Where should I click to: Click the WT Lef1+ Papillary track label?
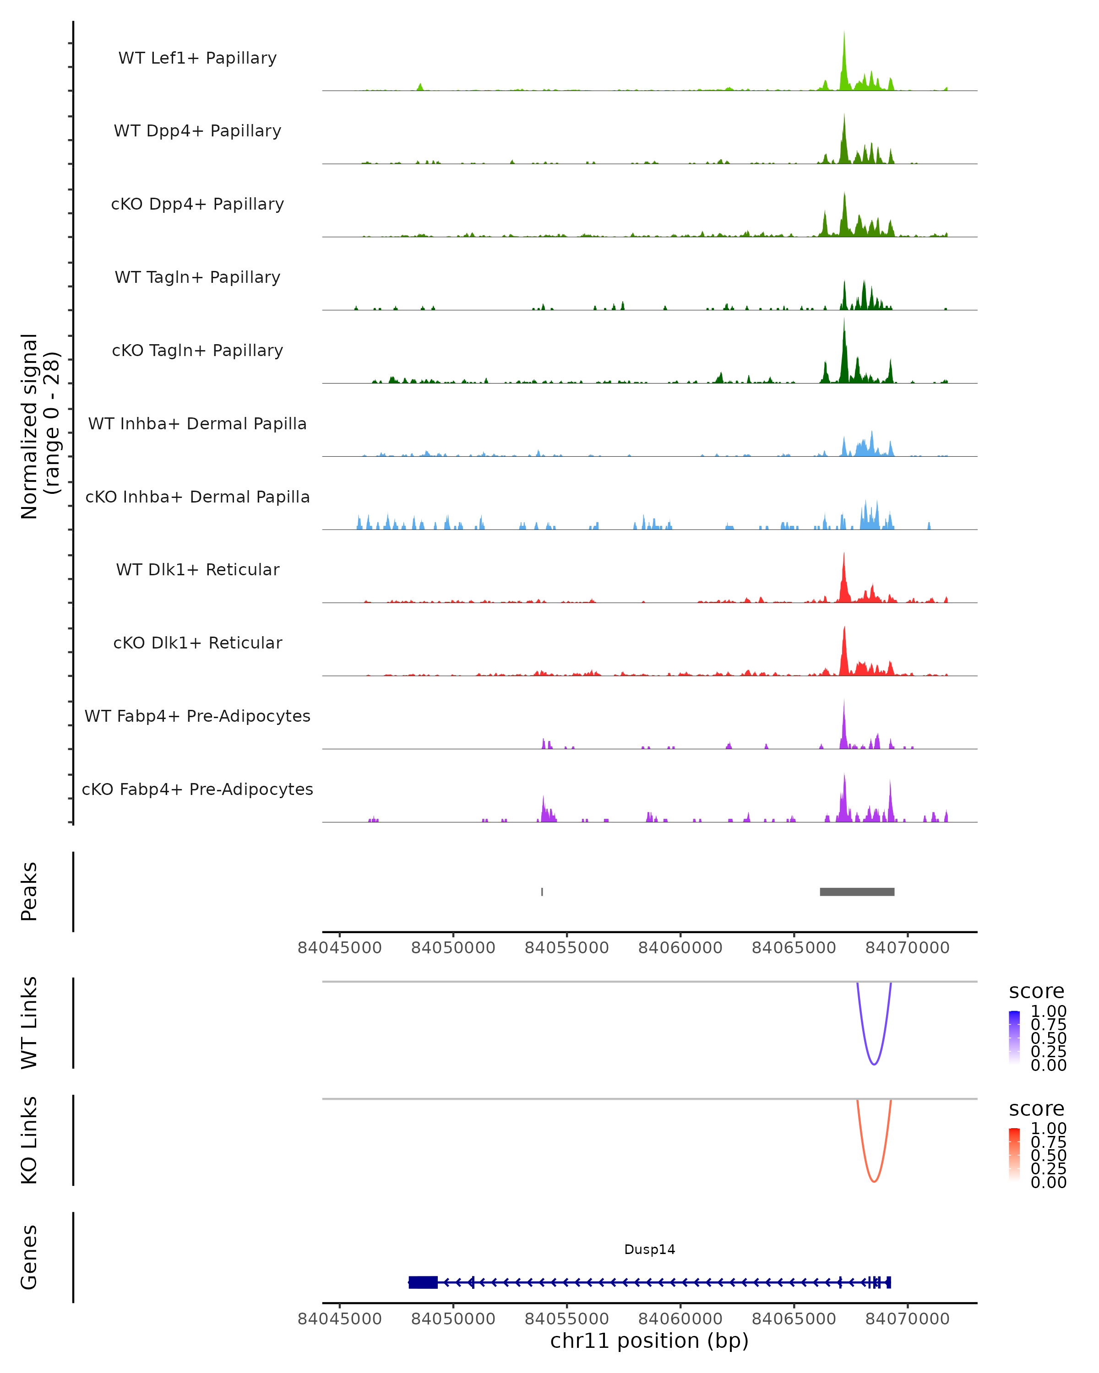(x=197, y=58)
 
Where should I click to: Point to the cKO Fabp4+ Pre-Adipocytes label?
(x=197, y=789)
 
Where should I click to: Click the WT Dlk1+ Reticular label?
(x=197, y=570)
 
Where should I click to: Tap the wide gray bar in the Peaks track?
(x=857, y=892)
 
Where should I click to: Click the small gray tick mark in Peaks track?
(x=542, y=892)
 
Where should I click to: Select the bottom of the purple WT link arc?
(x=874, y=1064)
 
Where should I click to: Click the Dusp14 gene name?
(x=649, y=1249)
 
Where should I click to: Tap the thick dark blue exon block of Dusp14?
(x=423, y=1282)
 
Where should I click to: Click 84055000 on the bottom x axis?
(x=566, y=1319)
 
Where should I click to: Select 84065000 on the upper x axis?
(x=794, y=948)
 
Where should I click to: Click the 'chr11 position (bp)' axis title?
(x=649, y=1341)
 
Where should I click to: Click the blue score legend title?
(x=1037, y=991)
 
